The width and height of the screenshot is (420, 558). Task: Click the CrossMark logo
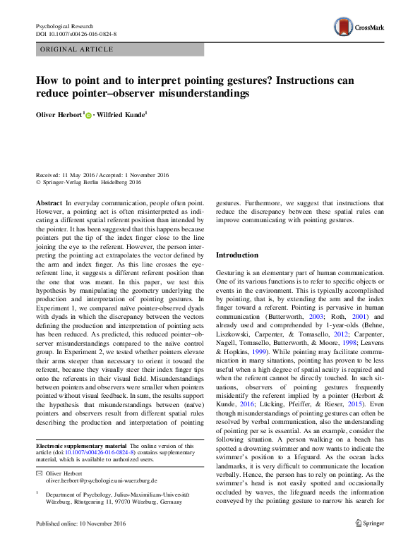click(360, 28)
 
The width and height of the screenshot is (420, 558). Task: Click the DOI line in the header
click(76, 34)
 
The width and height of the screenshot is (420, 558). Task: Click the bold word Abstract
click(49, 202)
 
